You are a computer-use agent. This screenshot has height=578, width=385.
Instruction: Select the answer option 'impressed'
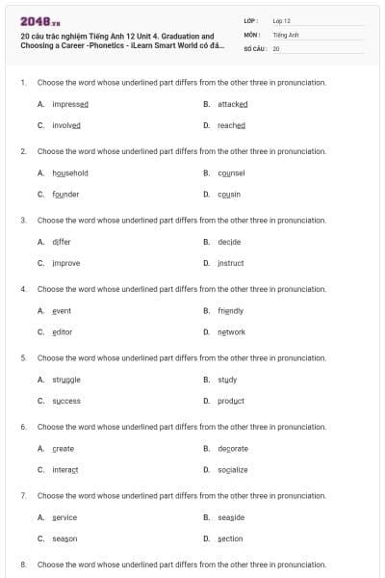pyautogui.click(x=70, y=104)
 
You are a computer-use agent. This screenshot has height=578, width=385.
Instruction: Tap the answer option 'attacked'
pyautogui.click(x=232, y=104)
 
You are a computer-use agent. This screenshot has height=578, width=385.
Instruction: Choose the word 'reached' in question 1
pyautogui.click(x=231, y=125)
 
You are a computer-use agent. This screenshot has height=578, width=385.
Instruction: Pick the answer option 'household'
pyautogui.click(x=70, y=173)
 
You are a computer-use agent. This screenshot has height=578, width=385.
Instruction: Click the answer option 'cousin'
pyautogui.click(x=228, y=194)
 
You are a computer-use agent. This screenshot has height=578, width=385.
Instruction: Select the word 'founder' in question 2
pyautogui.click(x=65, y=194)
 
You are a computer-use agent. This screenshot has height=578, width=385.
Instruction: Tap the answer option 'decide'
pyautogui.click(x=228, y=242)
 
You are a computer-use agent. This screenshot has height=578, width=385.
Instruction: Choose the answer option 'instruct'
pyautogui.click(x=230, y=263)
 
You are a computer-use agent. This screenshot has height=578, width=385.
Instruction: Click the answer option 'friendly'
pyautogui.click(x=230, y=311)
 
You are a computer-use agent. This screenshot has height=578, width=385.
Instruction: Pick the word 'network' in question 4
pyautogui.click(x=231, y=332)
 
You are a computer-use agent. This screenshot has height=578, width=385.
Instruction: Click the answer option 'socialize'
pyautogui.click(x=232, y=470)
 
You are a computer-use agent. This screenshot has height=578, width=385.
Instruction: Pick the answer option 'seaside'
pyautogui.click(x=231, y=517)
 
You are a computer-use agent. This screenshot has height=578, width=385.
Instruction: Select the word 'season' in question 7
pyautogui.click(x=64, y=539)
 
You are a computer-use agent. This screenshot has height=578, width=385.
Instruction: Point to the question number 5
pyautogui.click(x=23, y=357)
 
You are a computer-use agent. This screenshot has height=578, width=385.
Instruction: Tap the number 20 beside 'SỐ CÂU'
pyautogui.click(x=276, y=47)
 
